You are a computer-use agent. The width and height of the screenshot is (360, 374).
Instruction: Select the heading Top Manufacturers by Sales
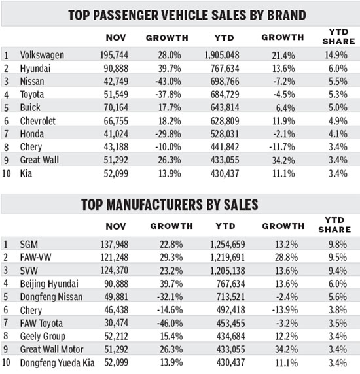tap(180, 204)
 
